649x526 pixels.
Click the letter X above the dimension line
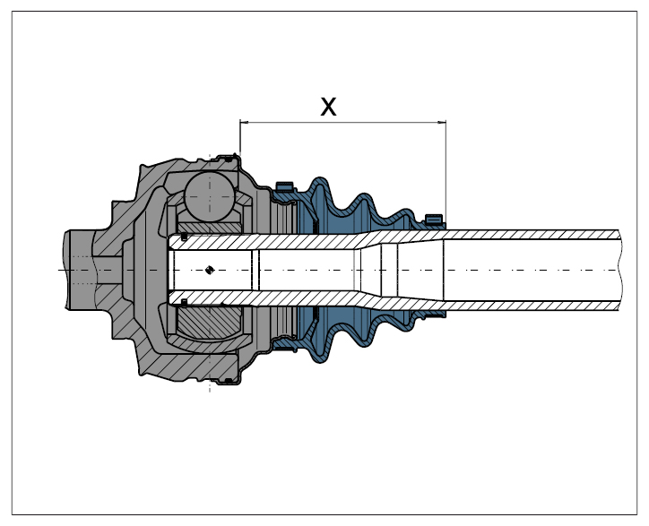tap(328, 107)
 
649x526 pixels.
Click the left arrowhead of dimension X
tap(244, 122)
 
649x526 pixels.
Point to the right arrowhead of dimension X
tap(442, 122)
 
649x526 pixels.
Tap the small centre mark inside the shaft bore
tap(210, 271)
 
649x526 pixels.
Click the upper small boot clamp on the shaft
tap(434, 220)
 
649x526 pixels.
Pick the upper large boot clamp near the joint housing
tap(284, 186)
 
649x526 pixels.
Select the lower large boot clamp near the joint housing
tap(285, 343)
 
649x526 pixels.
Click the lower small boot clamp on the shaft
tap(435, 315)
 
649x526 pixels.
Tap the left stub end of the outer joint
tap(79, 270)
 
